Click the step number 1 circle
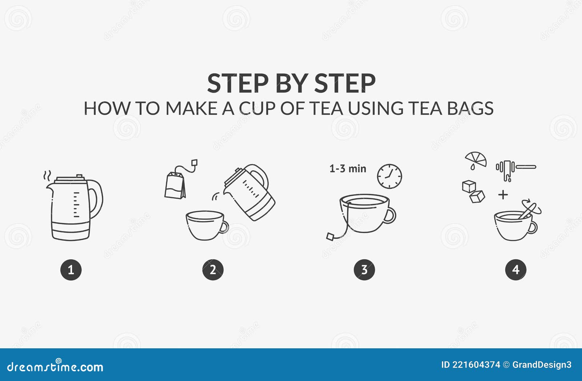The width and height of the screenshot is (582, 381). (x=71, y=270)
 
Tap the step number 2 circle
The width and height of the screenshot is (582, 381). (x=213, y=270)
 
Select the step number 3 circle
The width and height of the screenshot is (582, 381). (x=364, y=270)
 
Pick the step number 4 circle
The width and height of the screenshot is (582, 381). (x=515, y=270)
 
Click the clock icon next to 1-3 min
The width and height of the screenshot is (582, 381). (x=389, y=176)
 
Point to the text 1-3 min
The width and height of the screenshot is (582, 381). (x=347, y=169)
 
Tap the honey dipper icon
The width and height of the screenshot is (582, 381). (x=515, y=169)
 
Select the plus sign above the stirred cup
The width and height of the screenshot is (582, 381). (x=503, y=195)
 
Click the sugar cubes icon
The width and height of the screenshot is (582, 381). (x=473, y=191)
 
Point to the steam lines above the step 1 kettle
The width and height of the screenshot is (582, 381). (x=47, y=176)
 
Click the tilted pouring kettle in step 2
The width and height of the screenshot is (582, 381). (x=250, y=192)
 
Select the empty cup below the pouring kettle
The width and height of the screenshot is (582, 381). (x=206, y=225)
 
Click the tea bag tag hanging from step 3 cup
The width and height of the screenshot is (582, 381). (x=330, y=236)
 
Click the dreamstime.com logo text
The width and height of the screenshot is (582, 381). (x=55, y=367)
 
